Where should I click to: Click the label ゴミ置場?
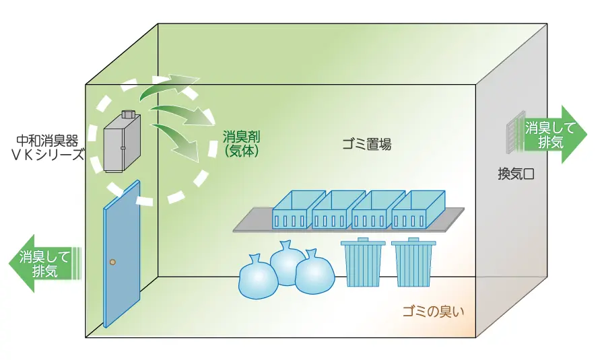[x=366, y=144]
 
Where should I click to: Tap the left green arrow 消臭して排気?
[x=42, y=263]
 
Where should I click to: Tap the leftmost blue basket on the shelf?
[x=294, y=210]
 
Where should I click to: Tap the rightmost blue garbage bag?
[x=314, y=273]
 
